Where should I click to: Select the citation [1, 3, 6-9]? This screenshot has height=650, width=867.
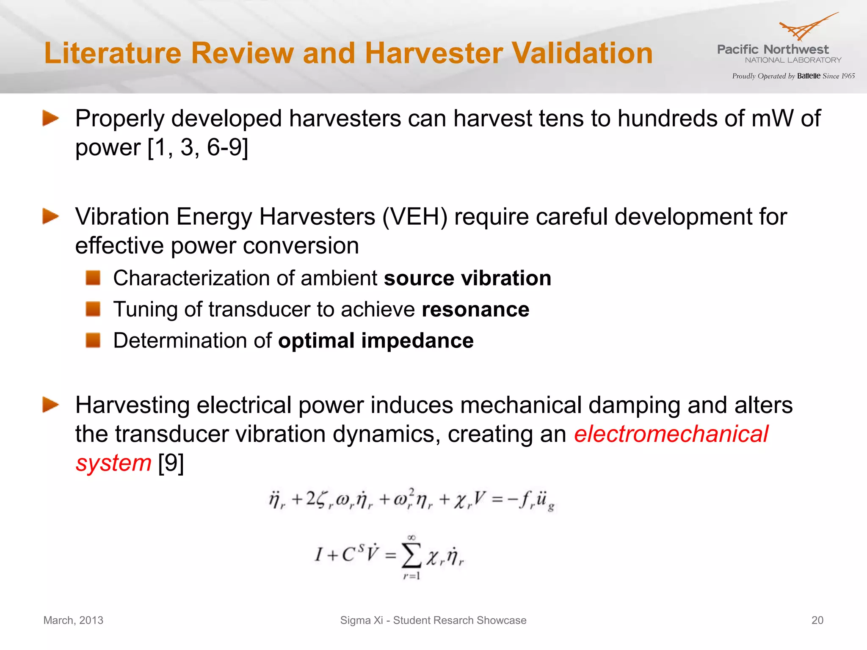coord(198,148)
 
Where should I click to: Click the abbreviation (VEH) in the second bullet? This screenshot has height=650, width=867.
coord(414,217)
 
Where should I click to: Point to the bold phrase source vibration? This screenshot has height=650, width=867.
coord(467,278)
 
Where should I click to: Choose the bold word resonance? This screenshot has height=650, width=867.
coord(475,309)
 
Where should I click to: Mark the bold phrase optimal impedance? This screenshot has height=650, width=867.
coord(376,341)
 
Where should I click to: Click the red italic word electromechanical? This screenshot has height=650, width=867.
coord(671,434)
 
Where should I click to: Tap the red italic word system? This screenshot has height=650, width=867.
coord(113,463)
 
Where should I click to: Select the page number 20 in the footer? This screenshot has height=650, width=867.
coord(817,620)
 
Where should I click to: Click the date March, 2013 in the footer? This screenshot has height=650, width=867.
coord(73,620)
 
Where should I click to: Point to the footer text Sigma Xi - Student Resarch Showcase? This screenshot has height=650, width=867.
coord(433,620)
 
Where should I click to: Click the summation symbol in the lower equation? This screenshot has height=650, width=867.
coord(411,556)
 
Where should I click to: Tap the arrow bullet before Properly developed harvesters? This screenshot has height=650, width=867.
coord(50,118)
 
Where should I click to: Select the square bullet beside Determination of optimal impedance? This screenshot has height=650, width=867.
coord(93,340)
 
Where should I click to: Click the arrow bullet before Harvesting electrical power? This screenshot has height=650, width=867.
coord(50,405)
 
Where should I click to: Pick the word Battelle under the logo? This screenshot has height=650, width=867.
coord(809,76)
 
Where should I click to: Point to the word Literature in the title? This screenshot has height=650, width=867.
coord(113,53)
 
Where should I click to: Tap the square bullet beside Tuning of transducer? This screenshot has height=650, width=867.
coord(93,309)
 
